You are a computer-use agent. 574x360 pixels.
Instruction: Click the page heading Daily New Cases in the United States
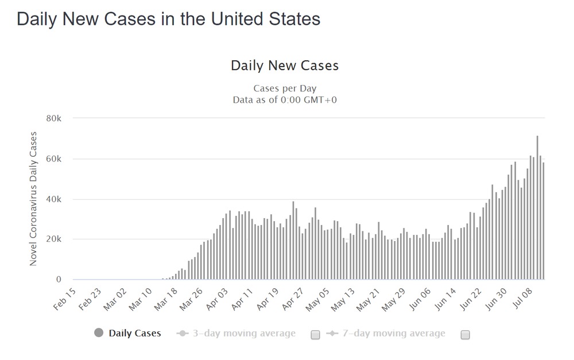168,19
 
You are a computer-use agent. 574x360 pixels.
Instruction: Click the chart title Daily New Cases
285,65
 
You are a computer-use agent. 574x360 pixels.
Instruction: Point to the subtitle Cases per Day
285,88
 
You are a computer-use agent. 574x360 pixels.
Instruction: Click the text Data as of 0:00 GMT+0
285,99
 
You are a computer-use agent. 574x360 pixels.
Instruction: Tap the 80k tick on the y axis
54,118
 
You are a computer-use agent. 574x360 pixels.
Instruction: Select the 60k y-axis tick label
54,159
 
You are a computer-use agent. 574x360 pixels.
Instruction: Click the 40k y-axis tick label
54,199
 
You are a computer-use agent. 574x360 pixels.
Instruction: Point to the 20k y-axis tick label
54,239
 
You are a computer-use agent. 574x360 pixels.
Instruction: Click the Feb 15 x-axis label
65,299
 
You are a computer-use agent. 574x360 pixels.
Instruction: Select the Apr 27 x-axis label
293,299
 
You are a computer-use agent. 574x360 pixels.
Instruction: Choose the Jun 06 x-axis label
420,299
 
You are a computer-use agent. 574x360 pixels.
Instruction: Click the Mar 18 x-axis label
166,299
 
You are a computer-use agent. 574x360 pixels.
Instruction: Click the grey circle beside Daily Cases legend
99,333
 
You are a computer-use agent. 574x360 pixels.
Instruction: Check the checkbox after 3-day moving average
315,335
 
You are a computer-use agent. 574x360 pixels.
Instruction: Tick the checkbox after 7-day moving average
466,335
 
